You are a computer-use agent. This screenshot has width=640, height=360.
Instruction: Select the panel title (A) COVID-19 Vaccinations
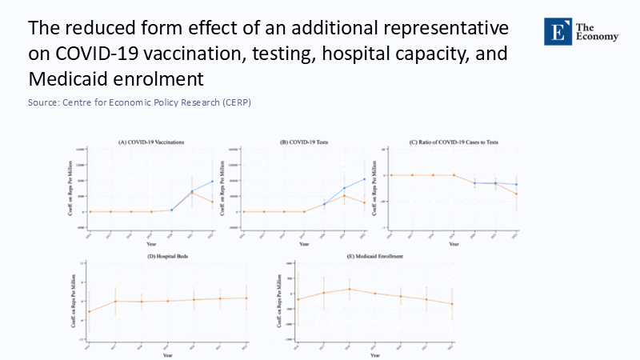151,142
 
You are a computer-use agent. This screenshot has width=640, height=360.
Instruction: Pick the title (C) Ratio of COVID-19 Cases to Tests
454,142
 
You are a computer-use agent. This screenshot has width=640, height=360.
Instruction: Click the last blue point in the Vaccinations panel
213,181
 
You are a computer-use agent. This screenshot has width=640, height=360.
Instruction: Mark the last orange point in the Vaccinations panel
213,202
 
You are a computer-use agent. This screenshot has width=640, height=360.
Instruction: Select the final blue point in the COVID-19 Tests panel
364,178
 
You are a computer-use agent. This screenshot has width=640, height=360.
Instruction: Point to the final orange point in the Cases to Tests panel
516,194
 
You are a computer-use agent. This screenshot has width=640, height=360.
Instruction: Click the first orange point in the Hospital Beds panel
89,311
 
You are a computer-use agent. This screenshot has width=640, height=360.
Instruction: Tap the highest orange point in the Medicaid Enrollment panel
349,289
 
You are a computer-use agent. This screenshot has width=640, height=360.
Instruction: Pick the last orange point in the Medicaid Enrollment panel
453,304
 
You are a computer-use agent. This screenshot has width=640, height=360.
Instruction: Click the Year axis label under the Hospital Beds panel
167,354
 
